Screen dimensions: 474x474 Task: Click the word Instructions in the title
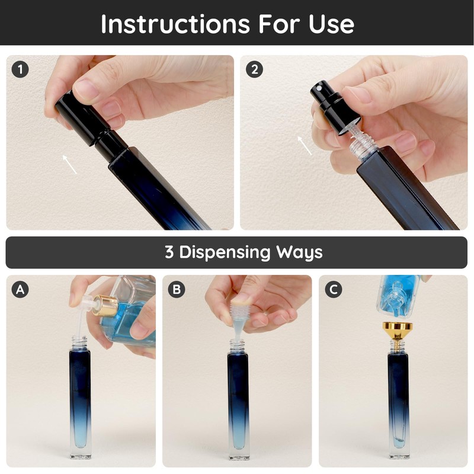(175, 24)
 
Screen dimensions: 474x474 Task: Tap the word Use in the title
(331, 24)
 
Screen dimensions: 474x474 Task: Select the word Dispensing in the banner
(225, 252)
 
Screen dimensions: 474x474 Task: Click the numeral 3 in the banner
(169, 251)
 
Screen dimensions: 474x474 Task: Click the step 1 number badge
(20, 69)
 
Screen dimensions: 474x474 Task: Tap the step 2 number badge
(255, 69)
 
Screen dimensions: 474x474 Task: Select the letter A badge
(20, 290)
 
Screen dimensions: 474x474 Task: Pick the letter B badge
(177, 290)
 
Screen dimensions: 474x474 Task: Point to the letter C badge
(334, 290)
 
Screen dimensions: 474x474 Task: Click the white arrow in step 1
(70, 164)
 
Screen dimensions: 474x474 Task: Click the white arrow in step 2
(305, 146)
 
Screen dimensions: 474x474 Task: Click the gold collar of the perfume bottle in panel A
(105, 306)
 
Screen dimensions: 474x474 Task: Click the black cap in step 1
(91, 126)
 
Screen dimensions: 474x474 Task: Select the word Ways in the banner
(299, 252)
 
